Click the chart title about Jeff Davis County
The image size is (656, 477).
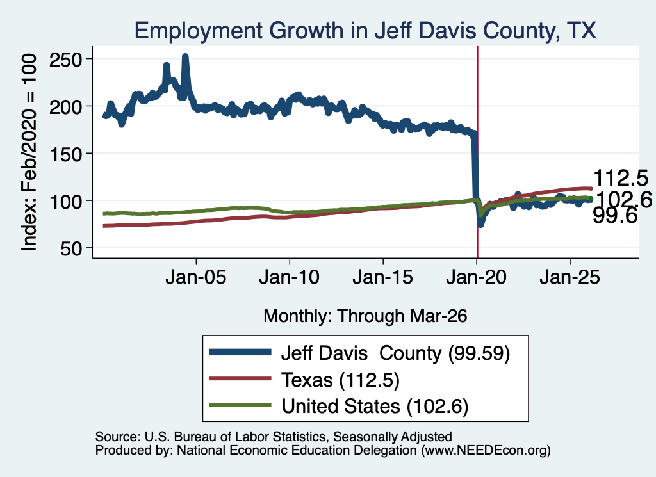click(x=365, y=31)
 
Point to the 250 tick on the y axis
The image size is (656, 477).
click(x=66, y=60)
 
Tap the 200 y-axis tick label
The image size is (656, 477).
click(x=66, y=107)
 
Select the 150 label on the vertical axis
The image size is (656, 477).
click(x=66, y=155)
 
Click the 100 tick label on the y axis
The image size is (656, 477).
click(x=66, y=202)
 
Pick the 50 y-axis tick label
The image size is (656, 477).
click(x=71, y=249)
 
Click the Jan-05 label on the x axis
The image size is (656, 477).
click(x=196, y=277)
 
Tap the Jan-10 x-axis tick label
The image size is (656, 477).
click(x=290, y=277)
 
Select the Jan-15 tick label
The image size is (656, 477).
click(x=383, y=277)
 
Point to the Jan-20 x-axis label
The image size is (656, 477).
click(x=477, y=277)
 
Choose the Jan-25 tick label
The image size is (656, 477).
click(x=570, y=277)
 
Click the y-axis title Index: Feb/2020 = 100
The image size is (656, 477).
click(x=29, y=152)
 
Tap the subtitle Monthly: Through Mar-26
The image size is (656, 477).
click(x=365, y=316)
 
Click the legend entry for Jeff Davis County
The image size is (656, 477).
click(x=360, y=353)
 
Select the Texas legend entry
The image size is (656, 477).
click(x=304, y=380)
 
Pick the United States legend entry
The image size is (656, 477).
click(x=339, y=406)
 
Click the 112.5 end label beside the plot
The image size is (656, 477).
click(x=621, y=178)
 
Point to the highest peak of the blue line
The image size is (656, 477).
click(x=185, y=56)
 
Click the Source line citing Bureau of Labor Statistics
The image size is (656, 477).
click(x=274, y=437)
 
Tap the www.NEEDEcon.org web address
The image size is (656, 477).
click(x=486, y=450)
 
